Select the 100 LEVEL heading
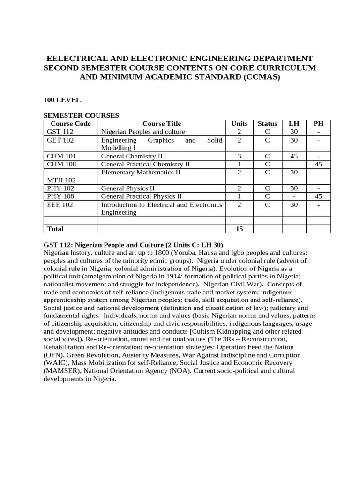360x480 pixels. coord(62,100)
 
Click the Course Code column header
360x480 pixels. coord(70,124)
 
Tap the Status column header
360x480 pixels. coord(267,124)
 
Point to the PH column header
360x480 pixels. coord(318,124)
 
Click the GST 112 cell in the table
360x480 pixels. coord(57,132)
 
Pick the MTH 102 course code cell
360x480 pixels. coord(59,180)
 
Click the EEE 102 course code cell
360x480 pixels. coord(59,204)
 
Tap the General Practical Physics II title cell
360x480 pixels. coord(141,196)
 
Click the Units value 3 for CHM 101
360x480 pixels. coord(240,156)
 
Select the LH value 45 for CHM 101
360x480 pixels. coord(294,156)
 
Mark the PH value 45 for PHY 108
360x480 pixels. coord(318,196)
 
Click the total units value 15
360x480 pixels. coord(240,229)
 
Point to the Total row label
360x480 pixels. coord(54,229)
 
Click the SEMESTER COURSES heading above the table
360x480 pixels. coord(81,115)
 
